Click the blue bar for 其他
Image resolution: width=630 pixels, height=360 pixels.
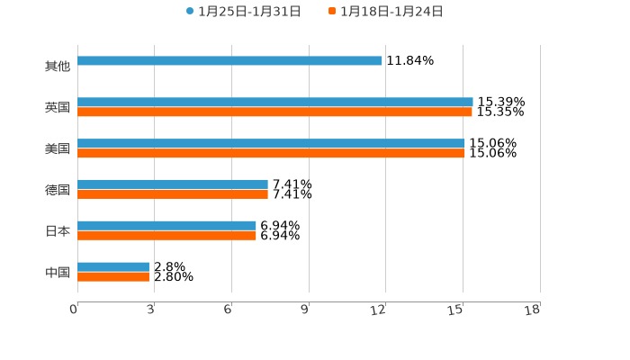tap(229, 61)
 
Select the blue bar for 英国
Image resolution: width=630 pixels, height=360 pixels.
tap(274, 103)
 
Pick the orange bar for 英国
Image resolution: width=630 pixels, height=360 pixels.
tap(274, 112)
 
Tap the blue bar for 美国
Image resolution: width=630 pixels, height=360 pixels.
tap(271, 144)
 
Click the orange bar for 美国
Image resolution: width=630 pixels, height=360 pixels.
tap(271, 154)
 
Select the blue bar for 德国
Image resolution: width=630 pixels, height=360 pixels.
tap(173, 184)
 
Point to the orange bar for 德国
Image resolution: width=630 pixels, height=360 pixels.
tap(173, 194)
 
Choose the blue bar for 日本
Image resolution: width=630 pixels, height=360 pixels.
tap(166, 226)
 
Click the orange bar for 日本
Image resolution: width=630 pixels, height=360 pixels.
tap(166, 236)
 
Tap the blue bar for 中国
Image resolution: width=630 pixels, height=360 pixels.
tap(113, 267)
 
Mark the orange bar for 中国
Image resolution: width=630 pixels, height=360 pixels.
tap(113, 277)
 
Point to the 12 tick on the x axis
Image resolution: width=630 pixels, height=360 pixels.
tap(379, 310)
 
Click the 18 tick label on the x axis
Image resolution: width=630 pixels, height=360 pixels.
tap(533, 310)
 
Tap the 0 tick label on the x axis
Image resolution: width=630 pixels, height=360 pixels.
tap(74, 310)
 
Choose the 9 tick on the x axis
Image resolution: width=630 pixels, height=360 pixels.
tap(304, 310)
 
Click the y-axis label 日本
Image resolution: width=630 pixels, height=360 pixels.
tap(58, 231)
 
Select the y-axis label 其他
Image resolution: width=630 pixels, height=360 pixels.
tap(58, 67)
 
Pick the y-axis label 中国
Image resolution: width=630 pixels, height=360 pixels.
tap(58, 273)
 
